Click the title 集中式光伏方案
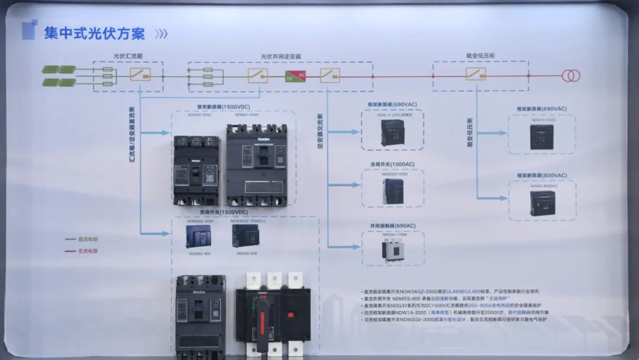(95, 33)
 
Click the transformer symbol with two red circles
(571, 76)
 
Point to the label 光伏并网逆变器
(281, 56)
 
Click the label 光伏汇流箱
(128, 56)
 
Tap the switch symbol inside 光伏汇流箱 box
(140, 74)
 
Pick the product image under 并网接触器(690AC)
(393, 250)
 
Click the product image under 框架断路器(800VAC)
(541, 203)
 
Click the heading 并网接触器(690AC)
(393, 226)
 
